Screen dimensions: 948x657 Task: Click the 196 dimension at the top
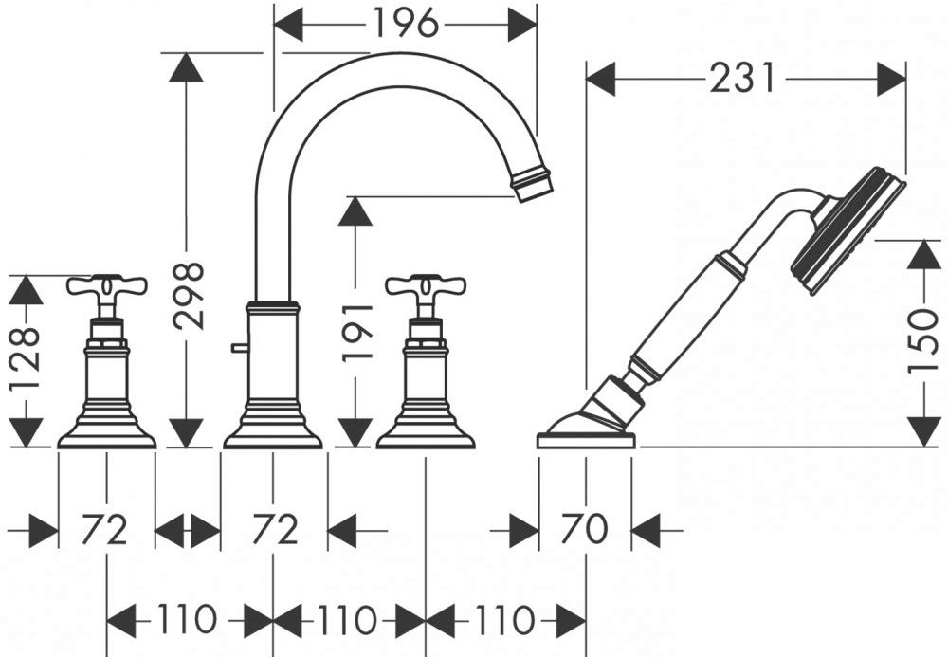coord(405,25)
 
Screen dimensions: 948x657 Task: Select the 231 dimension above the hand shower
coord(742,79)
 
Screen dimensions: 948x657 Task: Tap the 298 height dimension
coord(188,296)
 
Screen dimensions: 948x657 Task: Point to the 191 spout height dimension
coord(357,333)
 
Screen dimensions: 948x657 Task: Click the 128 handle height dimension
coord(26,358)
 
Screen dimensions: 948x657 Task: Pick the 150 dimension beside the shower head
coord(924,342)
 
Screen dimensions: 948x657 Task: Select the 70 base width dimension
coord(584,529)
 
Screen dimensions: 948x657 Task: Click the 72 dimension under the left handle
coord(105,529)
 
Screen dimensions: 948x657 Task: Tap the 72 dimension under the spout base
coord(275,529)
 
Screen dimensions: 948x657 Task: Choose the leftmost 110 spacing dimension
coord(187,619)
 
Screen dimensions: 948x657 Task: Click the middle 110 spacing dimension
coord(347,619)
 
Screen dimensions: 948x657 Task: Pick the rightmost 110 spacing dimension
coord(505,619)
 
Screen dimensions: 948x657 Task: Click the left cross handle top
coord(107,286)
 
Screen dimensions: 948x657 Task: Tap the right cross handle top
coord(426,286)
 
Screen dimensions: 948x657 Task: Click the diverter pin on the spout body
coord(239,348)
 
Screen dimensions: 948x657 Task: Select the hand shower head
coord(848,228)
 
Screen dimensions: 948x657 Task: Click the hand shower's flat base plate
coord(586,441)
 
